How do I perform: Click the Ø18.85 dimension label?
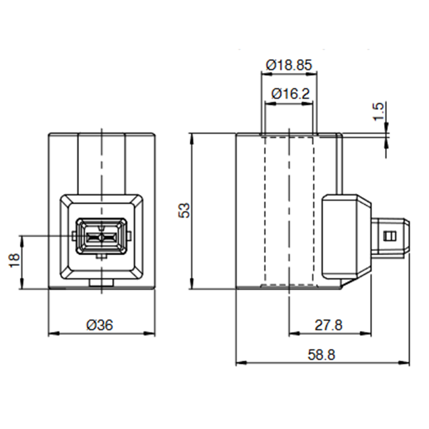pyautogui.click(x=289, y=65)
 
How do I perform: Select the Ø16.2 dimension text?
pyautogui.click(x=290, y=93)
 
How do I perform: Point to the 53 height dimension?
pyautogui.click(x=184, y=211)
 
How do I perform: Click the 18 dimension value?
pyautogui.click(x=14, y=260)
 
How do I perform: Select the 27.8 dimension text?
pyautogui.click(x=329, y=325)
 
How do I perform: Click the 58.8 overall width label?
pyautogui.click(x=321, y=354)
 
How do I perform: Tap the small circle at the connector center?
pyautogui.click(x=101, y=237)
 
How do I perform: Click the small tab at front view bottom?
pyautogui.click(x=101, y=284)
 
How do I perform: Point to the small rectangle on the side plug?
pyautogui.click(x=390, y=236)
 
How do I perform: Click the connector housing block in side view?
pyautogui.click(x=345, y=236)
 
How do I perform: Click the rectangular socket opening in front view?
pyautogui.click(x=101, y=236)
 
